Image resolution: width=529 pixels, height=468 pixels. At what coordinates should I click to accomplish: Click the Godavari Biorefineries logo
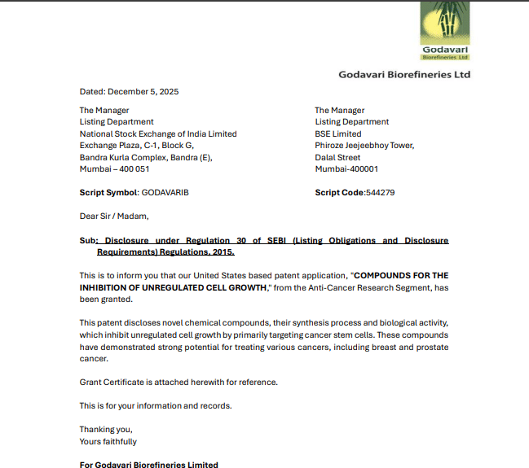pos(445,31)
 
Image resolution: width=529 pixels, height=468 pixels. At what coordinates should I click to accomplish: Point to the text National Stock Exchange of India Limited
pos(158,133)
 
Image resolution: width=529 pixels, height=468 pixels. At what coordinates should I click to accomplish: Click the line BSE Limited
pos(338,133)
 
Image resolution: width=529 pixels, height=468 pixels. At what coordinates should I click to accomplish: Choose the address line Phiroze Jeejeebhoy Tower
pos(364,146)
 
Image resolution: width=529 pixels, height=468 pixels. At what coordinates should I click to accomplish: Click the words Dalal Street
pos(337,157)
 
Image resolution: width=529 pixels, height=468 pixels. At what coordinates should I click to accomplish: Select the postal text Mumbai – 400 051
pos(114,169)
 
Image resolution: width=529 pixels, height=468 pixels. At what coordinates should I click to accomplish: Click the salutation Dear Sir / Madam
pos(114,217)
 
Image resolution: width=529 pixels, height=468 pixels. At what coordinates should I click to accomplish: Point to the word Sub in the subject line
pos(87,241)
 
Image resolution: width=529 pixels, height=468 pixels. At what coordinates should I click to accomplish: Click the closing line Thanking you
pos(106,429)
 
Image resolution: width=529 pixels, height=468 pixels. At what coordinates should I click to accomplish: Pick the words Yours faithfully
pos(108,441)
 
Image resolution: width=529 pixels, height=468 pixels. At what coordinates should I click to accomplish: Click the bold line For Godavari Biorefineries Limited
pos(148,464)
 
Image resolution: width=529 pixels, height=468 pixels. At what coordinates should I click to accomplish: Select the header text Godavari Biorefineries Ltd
pos(404,75)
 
